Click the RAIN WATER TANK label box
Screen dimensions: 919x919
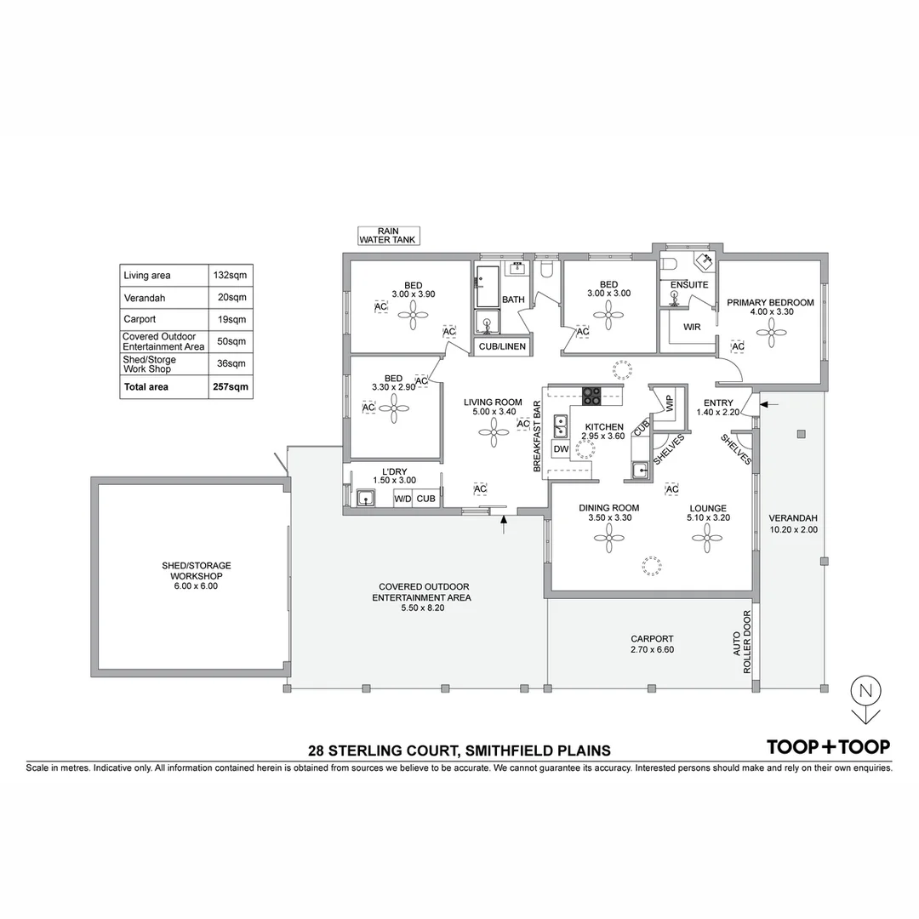point(387,236)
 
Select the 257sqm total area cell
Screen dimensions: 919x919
point(230,386)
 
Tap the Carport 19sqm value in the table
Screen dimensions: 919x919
point(231,319)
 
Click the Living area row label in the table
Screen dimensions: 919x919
point(147,276)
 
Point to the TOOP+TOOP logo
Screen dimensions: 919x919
point(828,746)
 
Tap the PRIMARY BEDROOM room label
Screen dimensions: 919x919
point(770,303)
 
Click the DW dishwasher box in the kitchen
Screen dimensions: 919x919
point(561,448)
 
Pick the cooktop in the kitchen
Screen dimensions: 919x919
point(591,396)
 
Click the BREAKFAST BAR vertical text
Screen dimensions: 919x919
point(537,437)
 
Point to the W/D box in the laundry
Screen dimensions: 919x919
point(402,499)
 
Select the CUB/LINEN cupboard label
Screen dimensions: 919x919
point(502,346)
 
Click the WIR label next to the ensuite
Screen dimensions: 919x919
point(692,327)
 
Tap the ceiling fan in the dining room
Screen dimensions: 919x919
point(610,534)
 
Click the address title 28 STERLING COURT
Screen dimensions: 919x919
point(459,751)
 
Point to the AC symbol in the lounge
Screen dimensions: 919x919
point(671,489)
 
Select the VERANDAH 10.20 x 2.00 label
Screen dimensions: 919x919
point(792,523)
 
